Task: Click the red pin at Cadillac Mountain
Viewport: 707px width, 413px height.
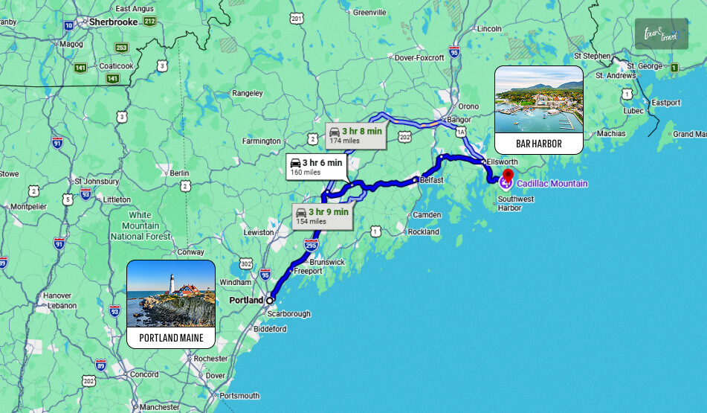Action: click(x=507, y=177)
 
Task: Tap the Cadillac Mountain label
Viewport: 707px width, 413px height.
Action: click(x=552, y=184)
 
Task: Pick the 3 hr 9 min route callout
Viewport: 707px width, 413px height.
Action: click(x=321, y=216)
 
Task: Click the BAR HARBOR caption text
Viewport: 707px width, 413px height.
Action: click(x=538, y=144)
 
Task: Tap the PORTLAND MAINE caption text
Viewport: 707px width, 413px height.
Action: click(x=171, y=338)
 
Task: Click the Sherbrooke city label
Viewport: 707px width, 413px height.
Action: click(x=114, y=22)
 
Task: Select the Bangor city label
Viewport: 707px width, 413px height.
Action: click(x=456, y=120)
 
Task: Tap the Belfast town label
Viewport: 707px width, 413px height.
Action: click(x=431, y=180)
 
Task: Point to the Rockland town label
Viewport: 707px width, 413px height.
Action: click(x=423, y=232)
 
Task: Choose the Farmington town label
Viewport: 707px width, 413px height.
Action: click(x=262, y=141)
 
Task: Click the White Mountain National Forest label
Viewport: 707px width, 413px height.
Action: click(x=140, y=225)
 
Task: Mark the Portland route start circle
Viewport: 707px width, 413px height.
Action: click(x=271, y=300)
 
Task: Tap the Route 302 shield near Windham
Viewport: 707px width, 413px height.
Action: click(x=246, y=264)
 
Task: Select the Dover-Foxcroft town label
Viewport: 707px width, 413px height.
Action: click(x=419, y=57)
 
